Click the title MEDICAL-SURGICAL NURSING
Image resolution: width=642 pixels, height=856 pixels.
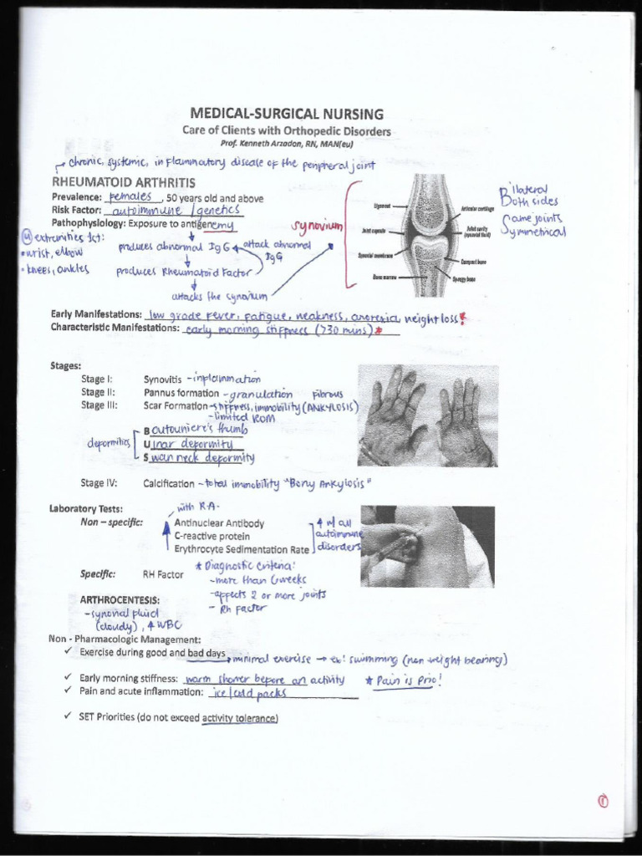coord(287,114)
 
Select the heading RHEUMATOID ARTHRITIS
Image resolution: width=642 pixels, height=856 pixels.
coord(124,182)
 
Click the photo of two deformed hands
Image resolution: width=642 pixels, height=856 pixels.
coord(427,415)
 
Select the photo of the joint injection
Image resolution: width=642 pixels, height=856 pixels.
coord(426,545)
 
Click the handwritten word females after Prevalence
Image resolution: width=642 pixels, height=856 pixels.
coord(135,196)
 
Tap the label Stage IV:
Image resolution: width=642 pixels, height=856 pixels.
coord(99,483)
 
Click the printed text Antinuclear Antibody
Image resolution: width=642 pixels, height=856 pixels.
coord(219,523)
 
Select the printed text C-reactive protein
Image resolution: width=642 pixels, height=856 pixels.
coord(212,536)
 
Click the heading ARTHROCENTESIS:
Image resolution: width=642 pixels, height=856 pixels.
coord(120,599)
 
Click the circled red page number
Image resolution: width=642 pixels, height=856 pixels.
coord(602,801)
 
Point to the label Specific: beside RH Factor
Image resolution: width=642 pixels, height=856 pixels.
coord(98,574)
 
